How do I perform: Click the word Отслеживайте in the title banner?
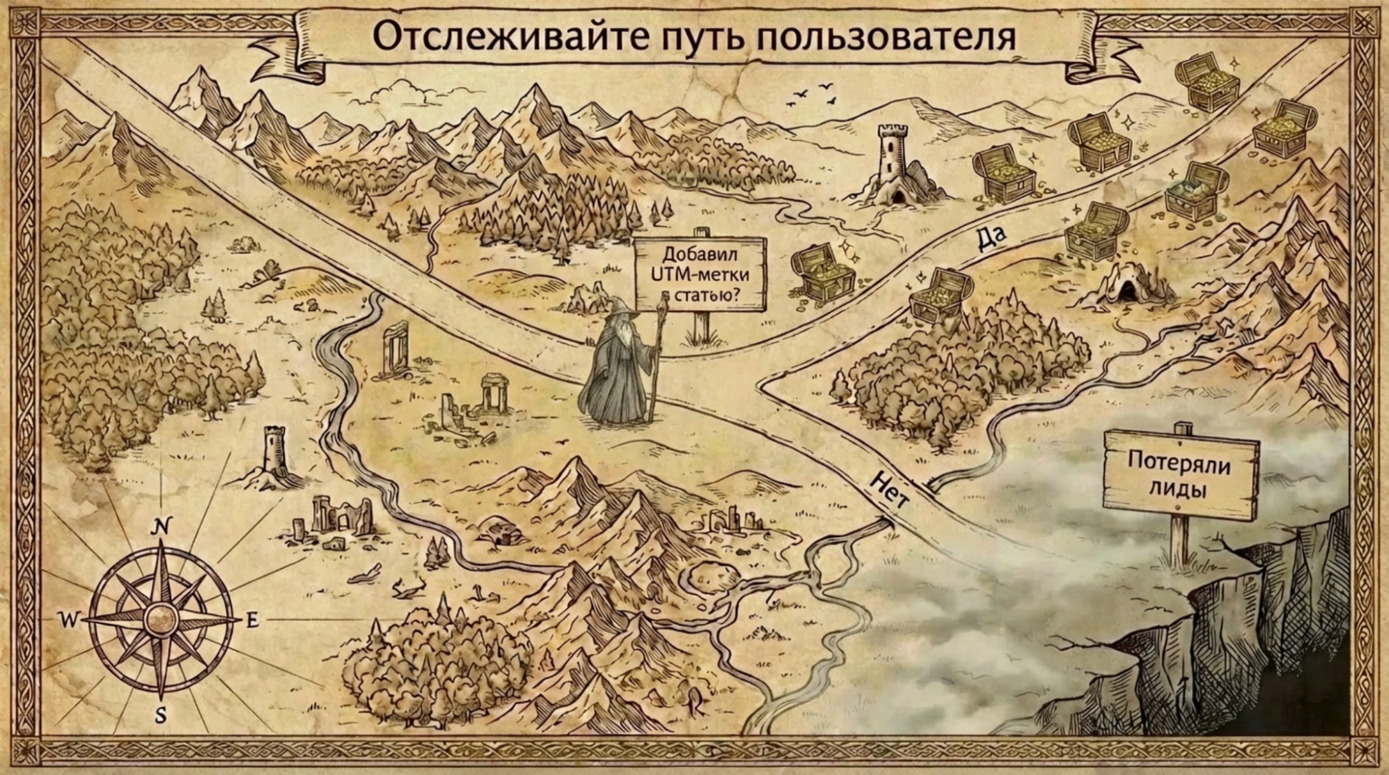tap(502, 37)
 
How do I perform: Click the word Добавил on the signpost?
tap(700, 254)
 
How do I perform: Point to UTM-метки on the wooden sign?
tap(700, 274)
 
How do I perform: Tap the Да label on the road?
tap(989, 238)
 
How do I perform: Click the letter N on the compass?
tap(161, 528)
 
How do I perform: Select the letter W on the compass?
tap(69, 619)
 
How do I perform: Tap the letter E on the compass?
tap(252, 619)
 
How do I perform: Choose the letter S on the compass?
tap(161, 715)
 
